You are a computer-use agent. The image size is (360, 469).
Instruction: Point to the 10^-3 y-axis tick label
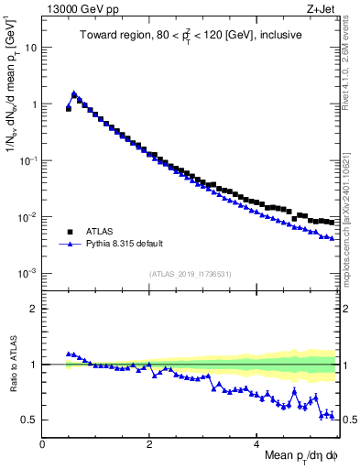29,273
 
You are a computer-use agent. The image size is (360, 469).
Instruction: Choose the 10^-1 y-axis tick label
29,160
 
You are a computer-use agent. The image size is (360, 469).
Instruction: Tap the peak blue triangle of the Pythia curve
74,93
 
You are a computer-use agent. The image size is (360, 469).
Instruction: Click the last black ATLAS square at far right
331,222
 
